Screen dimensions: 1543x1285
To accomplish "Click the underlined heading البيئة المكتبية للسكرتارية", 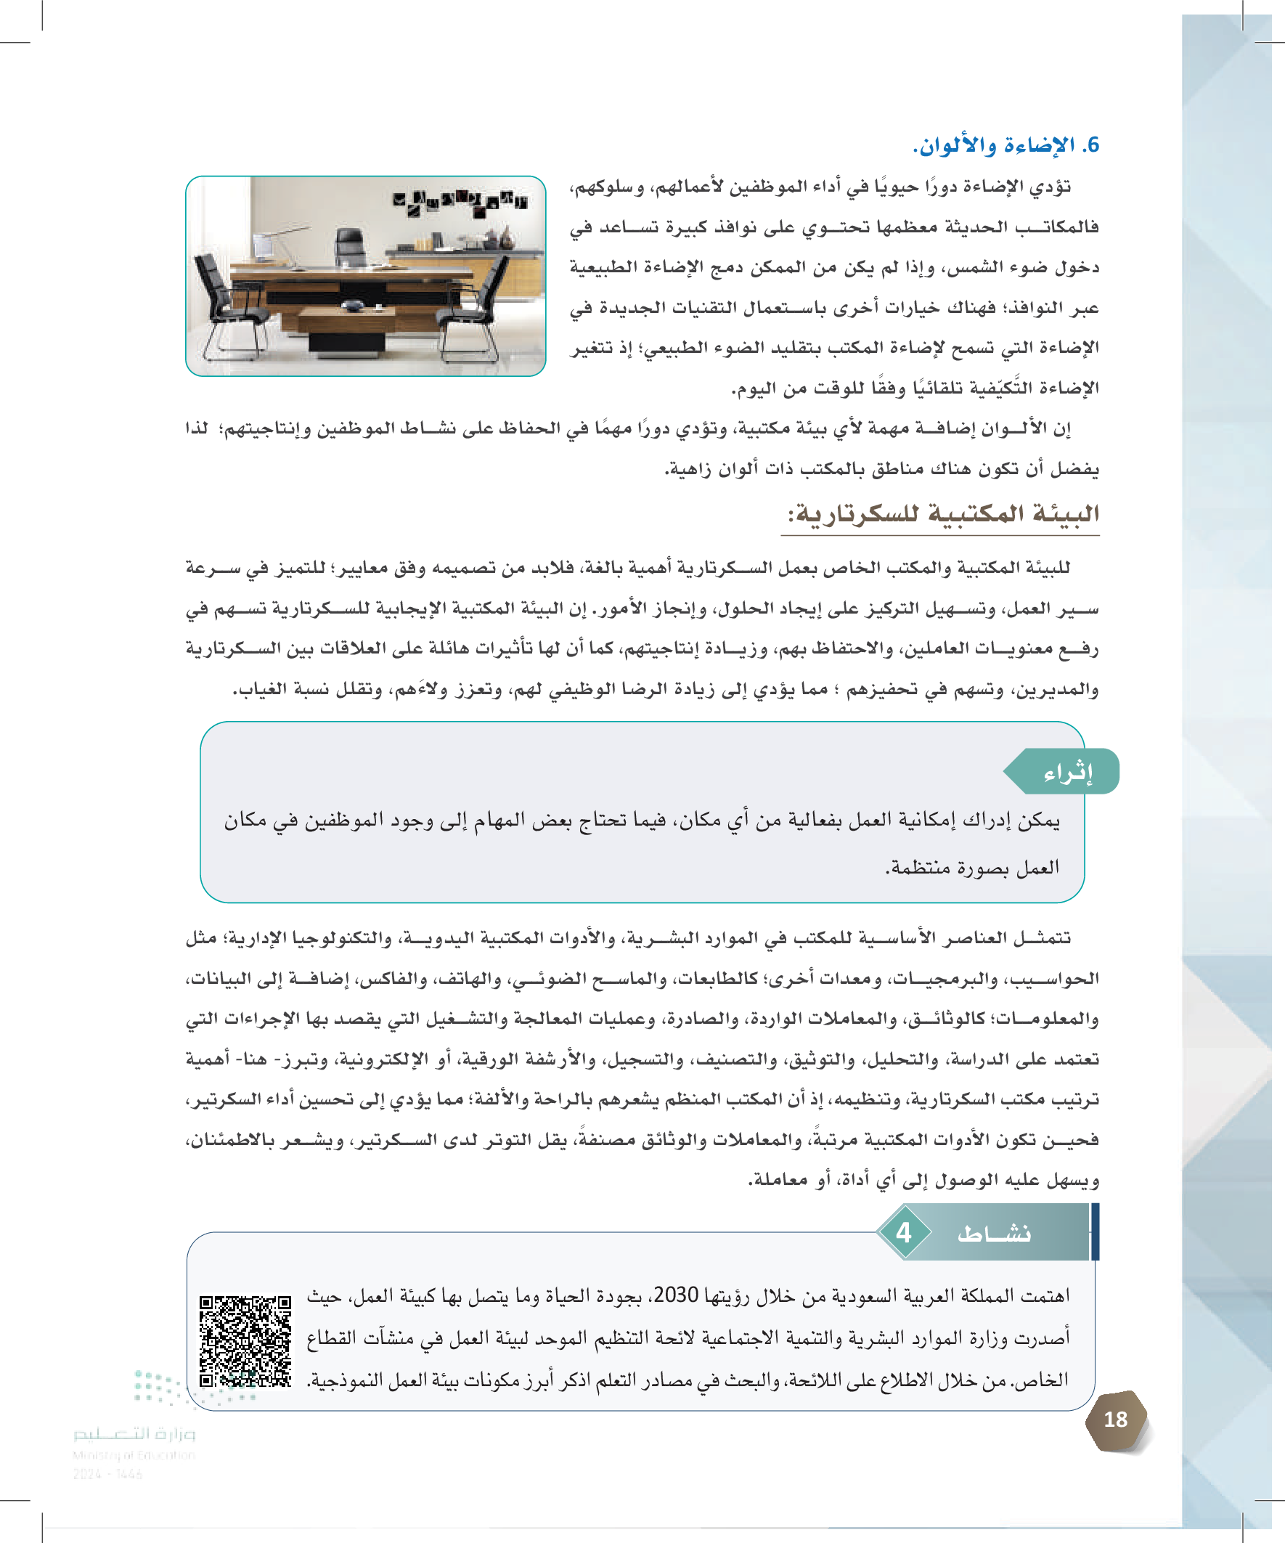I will coord(943,513).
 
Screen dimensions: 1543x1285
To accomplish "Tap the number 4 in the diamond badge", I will coord(904,1232).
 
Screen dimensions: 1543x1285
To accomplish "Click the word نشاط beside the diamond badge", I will coord(993,1234).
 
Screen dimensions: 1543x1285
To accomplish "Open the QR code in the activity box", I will coord(245,1341).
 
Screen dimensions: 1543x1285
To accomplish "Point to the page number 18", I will coord(1115,1420).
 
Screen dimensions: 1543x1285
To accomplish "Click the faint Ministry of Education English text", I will coord(134,1455).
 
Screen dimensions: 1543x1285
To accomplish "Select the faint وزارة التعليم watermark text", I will coord(134,1433).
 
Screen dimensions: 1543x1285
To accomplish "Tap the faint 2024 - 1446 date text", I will coord(107,1473).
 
